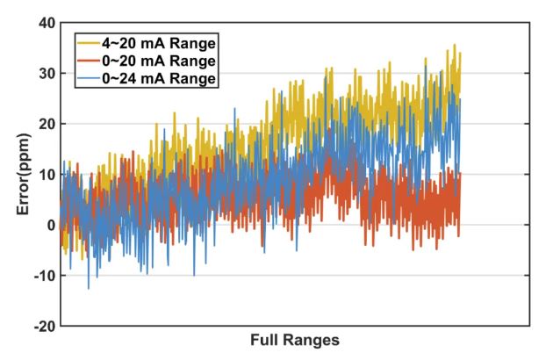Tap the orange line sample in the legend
point(85,61)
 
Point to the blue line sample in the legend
point(85,80)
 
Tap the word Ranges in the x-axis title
point(309,340)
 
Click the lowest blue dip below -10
point(88,288)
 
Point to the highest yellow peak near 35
point(454,46)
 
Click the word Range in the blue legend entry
point(196,80)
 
